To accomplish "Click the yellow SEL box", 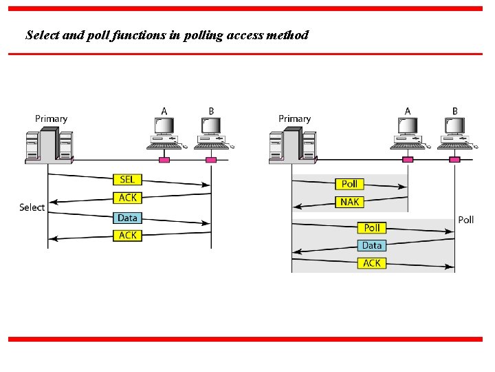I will (x=128, y=180).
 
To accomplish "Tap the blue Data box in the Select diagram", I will (x=128, y=218).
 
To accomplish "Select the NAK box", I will (x=349, y=202).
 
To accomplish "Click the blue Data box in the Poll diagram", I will (x=371, y=245).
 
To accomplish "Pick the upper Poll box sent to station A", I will (x=349, y=184).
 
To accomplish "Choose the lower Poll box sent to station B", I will (x=371, y=227).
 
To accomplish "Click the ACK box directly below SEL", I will (x=128, y=198).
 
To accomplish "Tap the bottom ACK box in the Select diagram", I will (x=128, y=236).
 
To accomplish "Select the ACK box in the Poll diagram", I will (x=371, y=263).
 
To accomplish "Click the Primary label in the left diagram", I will (x=52, y=118).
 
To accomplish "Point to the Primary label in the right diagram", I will (x=294, y=118).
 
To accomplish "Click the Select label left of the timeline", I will (x=32, y=207).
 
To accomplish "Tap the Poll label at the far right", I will (x=465, y=220).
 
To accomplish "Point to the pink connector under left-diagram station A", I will (x=164, y=160).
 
